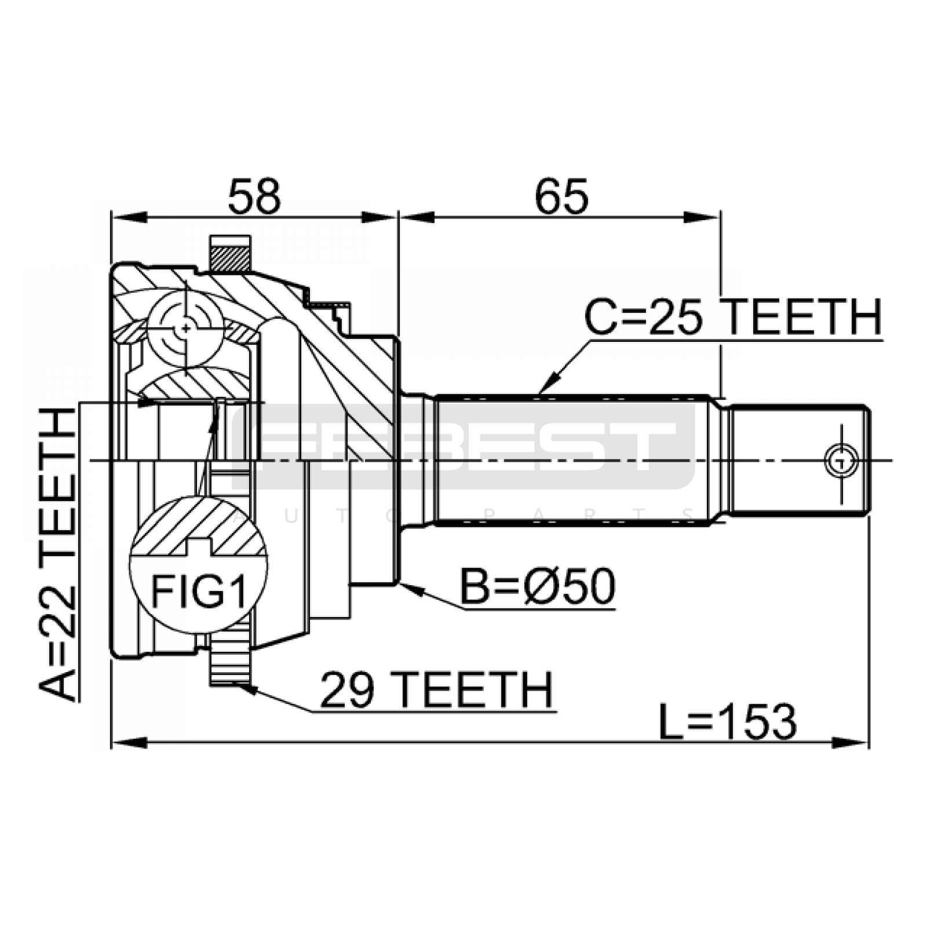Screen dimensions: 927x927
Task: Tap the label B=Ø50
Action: coord(538,587)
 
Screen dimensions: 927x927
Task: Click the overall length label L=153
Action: coord(728,722)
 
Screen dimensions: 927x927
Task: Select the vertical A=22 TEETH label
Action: coord(58,553)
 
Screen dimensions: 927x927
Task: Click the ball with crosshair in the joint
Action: coord(185,329)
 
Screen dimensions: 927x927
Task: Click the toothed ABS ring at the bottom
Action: coord(230,666)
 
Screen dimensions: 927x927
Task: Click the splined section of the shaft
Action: coord(571,461)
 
